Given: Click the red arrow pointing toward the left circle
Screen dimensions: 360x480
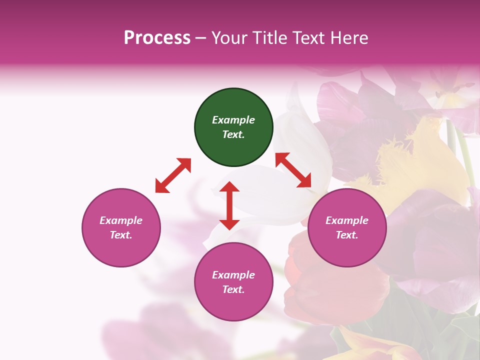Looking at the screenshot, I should (173, 175).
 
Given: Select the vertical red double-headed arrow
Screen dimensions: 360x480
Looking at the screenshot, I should (229, 205).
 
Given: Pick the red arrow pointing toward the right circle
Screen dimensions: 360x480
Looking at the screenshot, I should (293, 170).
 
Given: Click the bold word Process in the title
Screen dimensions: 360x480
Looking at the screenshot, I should (157, 37).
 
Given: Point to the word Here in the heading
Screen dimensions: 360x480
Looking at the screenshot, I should (349, 37).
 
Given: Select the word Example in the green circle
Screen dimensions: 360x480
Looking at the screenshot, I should (233, 120).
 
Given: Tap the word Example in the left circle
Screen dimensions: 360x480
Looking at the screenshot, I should (121, 220).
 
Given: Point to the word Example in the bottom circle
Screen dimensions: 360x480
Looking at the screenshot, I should (233, 275).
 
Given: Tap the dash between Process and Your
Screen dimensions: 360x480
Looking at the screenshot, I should (200, 38).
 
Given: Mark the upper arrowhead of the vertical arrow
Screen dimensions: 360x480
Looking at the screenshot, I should (229, 187).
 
